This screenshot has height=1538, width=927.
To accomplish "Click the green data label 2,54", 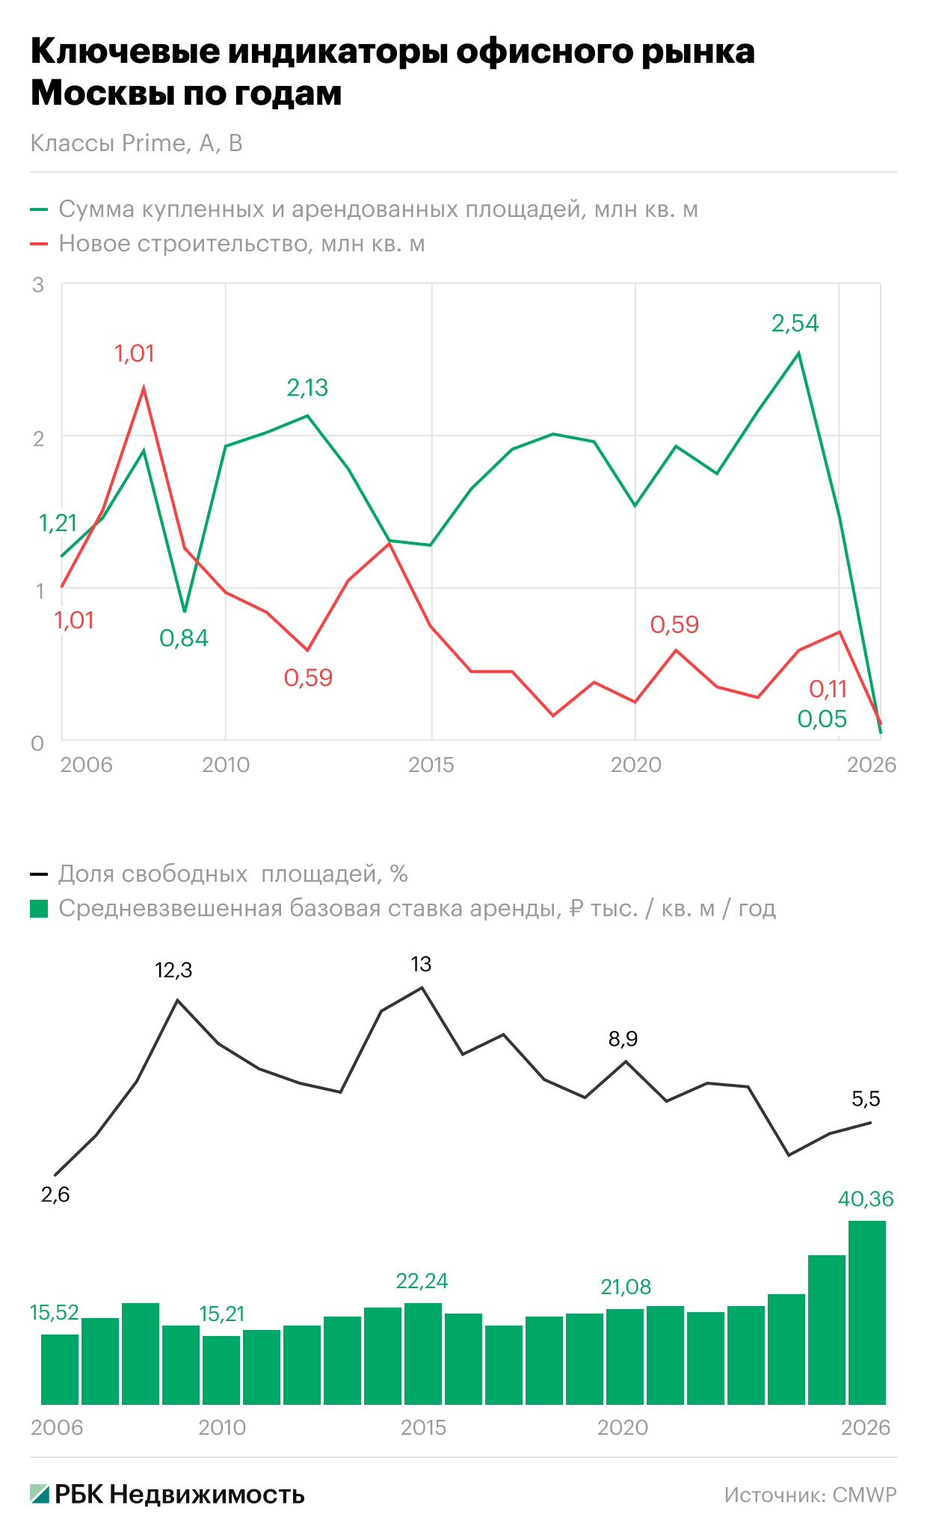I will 795,323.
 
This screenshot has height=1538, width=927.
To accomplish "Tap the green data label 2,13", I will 307,387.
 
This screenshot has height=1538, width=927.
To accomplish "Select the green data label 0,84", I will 184,638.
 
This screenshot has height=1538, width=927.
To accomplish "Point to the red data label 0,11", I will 828,689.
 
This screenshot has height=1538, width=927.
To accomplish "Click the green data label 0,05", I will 822,719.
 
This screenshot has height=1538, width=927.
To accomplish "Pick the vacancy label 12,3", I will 173,970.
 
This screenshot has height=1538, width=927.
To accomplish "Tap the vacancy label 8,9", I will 623,1038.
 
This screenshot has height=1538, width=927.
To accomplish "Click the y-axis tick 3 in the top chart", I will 38,285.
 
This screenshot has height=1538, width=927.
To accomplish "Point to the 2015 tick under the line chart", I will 431,765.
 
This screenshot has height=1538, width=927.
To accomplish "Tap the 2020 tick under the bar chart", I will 623,1427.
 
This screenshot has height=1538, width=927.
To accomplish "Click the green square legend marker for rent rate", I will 39,909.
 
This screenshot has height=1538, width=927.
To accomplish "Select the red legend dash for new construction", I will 39,244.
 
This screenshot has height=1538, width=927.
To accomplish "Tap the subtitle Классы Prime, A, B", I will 137,143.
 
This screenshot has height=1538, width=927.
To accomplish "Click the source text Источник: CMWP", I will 810,1495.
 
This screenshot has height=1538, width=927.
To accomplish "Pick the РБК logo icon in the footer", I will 40,1494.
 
